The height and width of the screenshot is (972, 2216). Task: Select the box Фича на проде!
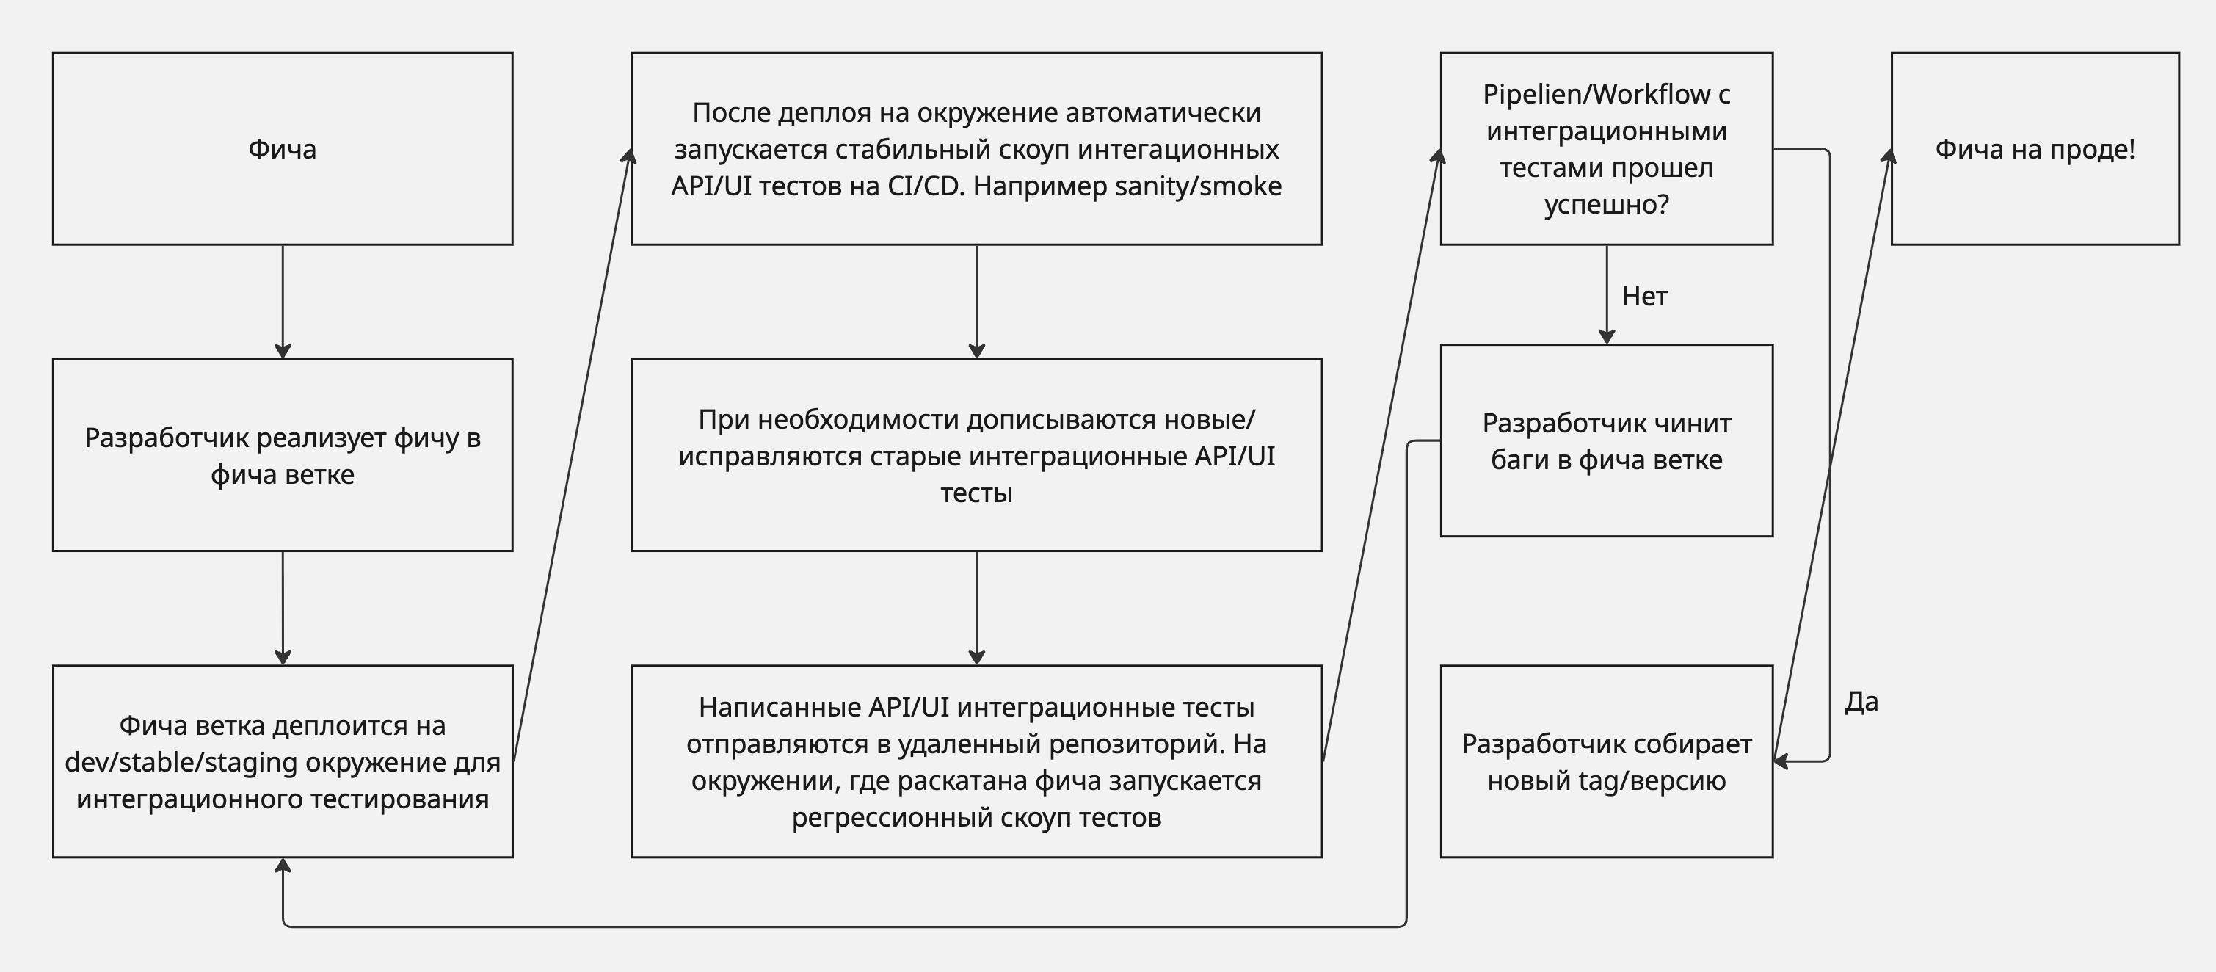[x=2035, y=149]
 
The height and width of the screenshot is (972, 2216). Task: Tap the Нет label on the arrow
[x=1645, y=296]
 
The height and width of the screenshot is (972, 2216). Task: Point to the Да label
[x=1861, y=702]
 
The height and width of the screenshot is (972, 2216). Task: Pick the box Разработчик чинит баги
[x=1607, y=440]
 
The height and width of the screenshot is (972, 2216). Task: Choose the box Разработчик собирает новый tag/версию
[x=1607, y=761]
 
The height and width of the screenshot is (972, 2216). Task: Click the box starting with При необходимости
[x=976, y=455]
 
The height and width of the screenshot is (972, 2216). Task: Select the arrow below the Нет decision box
[x=1607, y=295]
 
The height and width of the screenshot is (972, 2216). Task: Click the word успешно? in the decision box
[x=1607, y=205]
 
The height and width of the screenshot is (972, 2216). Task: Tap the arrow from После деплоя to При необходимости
[x=976, y=302]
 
